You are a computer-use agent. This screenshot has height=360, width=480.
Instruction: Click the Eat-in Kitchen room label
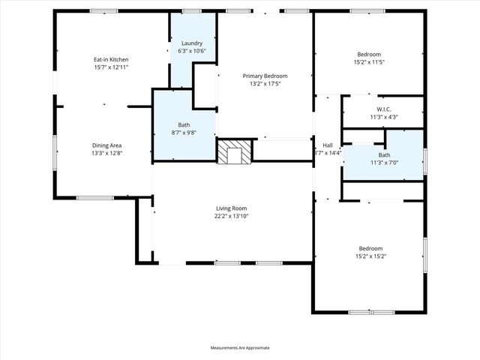pyautogui.click(x=111, y=58)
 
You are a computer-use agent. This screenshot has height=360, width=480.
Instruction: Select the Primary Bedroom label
pyautogui.click(x=264, y=76)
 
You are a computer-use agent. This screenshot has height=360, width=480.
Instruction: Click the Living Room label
pyautogui.click(x=231, y=208)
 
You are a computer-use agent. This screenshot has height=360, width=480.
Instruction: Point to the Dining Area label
pyautogui.click(x=106, y=145)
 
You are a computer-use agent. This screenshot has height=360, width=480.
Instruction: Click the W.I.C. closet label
pyautogui.click(x=383, y=109)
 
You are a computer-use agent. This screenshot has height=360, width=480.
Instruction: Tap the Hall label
pyautogui.click(x=327, y=145)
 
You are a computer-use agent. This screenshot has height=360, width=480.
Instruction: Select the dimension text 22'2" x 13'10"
pyautogui.click(x=231, y=216)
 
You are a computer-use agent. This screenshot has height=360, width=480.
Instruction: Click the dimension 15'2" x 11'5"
pyautogui.click(x=369, y=62)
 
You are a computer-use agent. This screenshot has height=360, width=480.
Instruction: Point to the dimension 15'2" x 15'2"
pyautogui.click(x=370, y=256)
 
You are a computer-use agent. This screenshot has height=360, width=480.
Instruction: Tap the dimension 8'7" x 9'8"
pyautogui.click(x=184, y=132)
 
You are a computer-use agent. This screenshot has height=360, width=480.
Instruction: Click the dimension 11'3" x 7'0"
pyautogui.click(x=383, y=163)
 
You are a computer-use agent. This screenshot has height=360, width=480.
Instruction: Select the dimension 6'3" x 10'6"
pyautogui.click(x=192, y=51)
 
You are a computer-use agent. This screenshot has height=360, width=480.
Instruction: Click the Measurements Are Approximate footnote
pyautogui.click(x=239, y=348)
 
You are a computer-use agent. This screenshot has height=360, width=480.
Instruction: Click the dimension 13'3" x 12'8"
pyautogui.click(x=106, y=153)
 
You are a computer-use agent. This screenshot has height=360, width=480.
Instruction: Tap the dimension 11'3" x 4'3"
pyautogui.click(x=383, y=116)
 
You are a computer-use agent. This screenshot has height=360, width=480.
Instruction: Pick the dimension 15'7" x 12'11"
pyautogui.click(x=111, y=67)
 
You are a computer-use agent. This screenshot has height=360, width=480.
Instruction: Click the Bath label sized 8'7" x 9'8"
pyautogui.click(x=184, y=124)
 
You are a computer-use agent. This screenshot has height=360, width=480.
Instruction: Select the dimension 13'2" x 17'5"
pyautogui.click(x=264, y=83)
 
